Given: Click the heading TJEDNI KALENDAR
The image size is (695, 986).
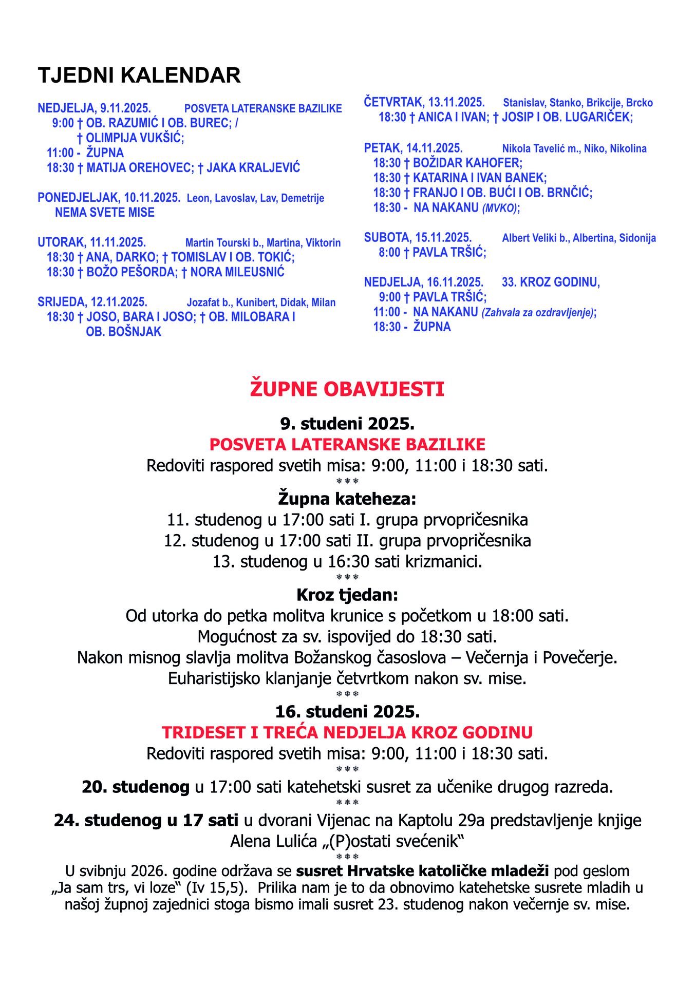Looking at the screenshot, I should [x=139, y=75].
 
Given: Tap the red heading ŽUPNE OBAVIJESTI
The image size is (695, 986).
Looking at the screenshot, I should [x=347, y=389].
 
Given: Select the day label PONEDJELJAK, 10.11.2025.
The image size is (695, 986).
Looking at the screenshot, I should [x=109, y=198].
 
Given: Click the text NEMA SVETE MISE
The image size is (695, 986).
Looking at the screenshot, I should [x=105, y=213].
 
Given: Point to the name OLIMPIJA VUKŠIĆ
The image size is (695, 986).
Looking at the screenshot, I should [x=135, y=138].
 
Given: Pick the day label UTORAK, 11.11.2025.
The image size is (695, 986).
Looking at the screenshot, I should [x=92, y=242].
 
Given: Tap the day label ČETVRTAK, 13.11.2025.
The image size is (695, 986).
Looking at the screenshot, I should [x=424, y=102].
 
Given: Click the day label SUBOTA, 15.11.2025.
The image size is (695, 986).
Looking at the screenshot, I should [x=418, y=238].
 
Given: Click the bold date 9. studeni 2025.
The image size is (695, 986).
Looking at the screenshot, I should [x=347, y=424].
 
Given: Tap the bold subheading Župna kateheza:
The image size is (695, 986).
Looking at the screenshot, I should [x=347, y=499].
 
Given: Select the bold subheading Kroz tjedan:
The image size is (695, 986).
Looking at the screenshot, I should [x=347, y=595].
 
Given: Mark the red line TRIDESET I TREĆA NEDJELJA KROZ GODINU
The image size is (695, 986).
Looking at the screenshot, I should [x=347, y=732].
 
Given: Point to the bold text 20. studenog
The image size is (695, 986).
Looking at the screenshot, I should [x=136, y=787].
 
